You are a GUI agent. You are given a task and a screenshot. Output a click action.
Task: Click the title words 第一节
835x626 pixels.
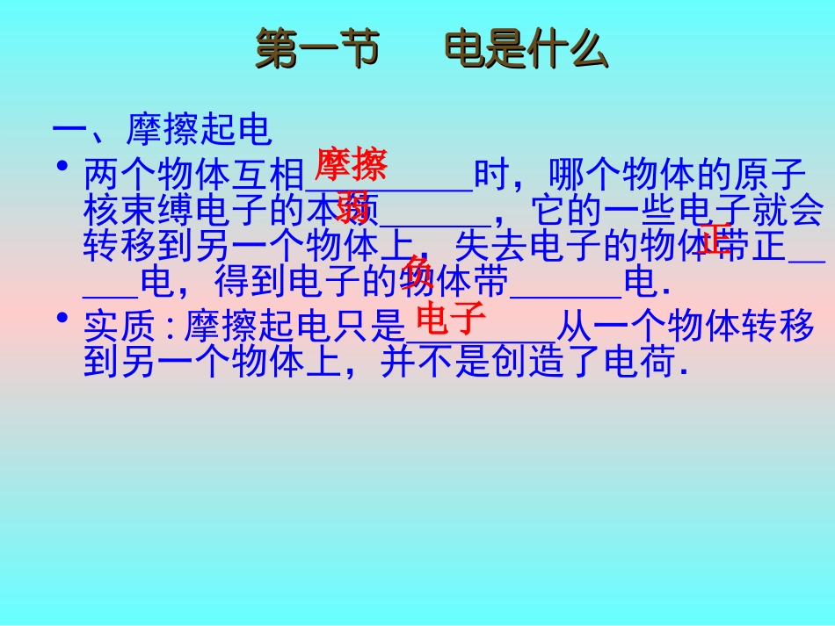click(x=316, y=51)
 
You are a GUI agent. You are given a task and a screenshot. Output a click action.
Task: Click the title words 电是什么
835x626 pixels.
click(x=526, y=51)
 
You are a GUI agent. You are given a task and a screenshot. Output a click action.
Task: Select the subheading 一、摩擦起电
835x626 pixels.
click(x=163, y=131)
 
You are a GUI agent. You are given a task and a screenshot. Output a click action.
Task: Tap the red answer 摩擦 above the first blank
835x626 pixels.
click(x=351, y=164)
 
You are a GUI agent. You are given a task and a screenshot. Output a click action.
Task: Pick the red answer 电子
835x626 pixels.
click(x=451, y=320)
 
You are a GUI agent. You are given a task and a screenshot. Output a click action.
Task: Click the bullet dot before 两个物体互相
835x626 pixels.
click(x=62, y=166)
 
